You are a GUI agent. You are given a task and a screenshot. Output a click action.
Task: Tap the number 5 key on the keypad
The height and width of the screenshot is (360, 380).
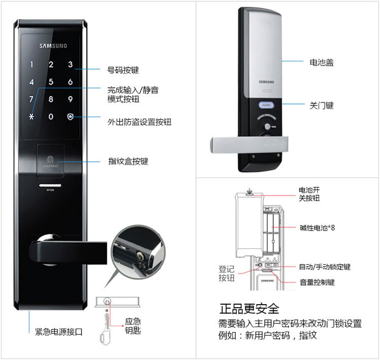pos(51,82)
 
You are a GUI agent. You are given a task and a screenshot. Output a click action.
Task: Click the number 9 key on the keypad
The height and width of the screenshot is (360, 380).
pos(70,99)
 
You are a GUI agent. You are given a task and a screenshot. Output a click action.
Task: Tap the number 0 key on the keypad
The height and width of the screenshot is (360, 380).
pos(51,117)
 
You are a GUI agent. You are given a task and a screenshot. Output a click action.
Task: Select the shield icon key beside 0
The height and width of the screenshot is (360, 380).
pos(70,117)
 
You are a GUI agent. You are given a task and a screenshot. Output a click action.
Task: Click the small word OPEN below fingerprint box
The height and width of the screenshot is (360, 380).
pos(50,190)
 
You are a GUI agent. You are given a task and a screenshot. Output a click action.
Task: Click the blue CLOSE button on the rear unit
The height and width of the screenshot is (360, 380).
pos(266,105)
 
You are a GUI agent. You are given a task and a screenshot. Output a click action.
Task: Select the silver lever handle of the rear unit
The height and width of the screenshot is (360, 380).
pos(248,145)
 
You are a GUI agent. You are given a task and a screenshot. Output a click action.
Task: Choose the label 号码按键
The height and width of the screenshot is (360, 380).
pos(123,70)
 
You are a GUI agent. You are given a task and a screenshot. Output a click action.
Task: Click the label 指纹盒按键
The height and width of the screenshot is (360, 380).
pos(128,161)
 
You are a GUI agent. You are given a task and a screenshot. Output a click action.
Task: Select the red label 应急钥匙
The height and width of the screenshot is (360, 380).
pos(133,326)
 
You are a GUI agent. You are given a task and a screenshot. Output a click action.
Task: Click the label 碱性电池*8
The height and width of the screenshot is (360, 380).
pos(317,228)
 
